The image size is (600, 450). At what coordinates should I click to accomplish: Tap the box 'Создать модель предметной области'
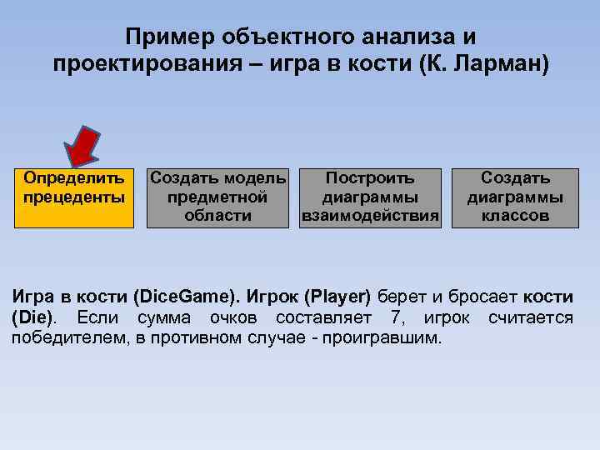[217, 197]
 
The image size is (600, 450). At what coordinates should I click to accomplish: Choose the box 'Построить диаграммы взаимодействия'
[370, 197]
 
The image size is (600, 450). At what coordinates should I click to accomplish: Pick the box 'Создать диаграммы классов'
[514, 197]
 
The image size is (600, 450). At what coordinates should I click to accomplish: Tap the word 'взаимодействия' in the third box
[370, 217]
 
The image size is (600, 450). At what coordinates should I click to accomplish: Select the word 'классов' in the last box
[514, 217]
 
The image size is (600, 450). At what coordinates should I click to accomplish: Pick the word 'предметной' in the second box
[217, 197]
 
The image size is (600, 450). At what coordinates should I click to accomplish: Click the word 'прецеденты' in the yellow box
[75, 197]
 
